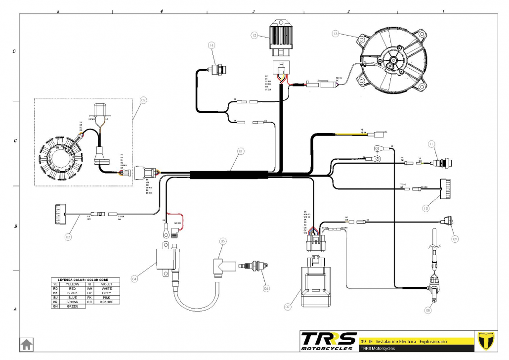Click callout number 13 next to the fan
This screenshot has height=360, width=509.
335,34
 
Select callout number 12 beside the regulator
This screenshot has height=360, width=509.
254,36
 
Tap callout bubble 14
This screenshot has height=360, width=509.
212,45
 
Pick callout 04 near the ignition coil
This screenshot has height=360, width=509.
134,279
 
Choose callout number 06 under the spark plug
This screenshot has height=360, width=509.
266,288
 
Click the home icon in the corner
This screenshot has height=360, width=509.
26,344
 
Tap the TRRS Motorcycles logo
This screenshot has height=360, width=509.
329,341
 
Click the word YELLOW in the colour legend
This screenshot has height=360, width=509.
72,284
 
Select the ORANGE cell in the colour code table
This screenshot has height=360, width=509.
107,301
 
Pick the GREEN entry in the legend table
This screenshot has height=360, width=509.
72,307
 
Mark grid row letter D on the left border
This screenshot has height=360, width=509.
14,51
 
